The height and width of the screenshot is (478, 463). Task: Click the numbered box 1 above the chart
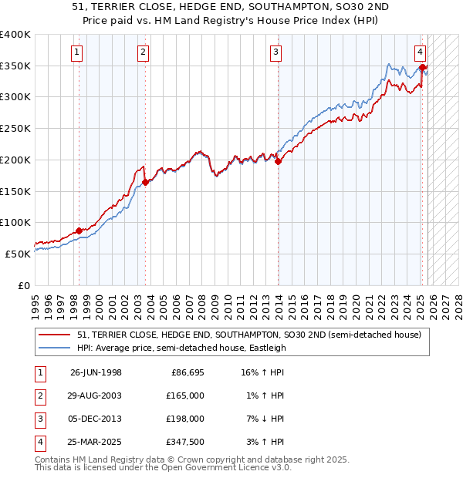[78, 52]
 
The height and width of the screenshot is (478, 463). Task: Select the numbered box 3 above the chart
[276, 52]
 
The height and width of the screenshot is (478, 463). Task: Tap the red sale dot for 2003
[145, 183]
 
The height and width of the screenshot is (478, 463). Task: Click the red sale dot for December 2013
[278, 161]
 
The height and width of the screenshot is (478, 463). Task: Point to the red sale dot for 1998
[79, 231]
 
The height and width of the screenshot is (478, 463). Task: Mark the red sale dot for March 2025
[423, 68]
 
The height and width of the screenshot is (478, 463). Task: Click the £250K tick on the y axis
[15, 129]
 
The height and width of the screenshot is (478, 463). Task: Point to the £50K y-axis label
[18, 254]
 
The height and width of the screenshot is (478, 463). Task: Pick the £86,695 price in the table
[185, 372]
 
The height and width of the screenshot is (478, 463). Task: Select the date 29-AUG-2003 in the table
[96, 396]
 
